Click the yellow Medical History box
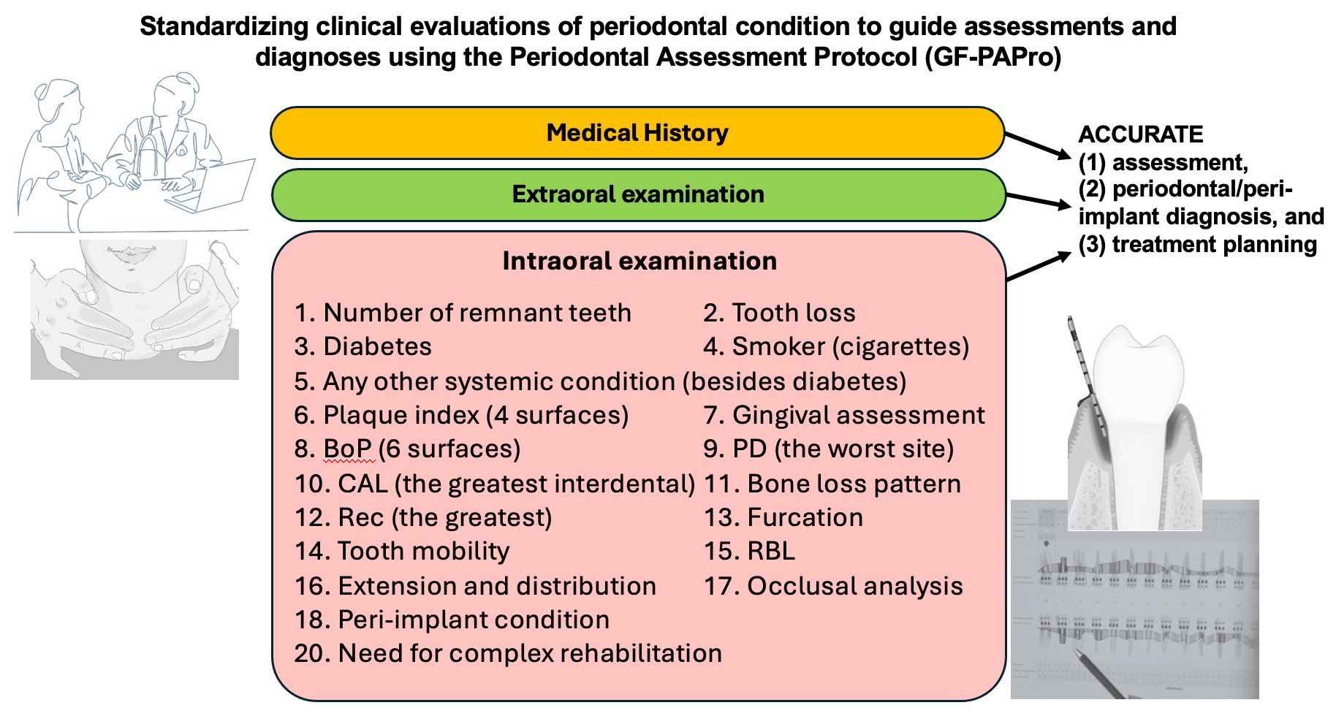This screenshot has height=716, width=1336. (637, 133)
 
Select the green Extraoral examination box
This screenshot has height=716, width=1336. (637, 194)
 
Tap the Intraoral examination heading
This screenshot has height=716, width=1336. (639, 261)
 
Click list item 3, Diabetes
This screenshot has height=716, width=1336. (363, 346)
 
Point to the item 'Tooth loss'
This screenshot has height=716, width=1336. (779, 313)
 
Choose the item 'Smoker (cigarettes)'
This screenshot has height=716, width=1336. (836, 346)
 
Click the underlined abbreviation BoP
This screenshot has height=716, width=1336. (348, 449)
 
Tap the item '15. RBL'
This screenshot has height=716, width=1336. (749, 551)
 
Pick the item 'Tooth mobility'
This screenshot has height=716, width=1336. (402, 551)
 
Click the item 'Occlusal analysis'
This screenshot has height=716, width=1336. (833, 586)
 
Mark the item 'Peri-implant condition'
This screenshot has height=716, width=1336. (452, 620)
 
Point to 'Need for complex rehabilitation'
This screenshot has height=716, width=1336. (508, 653)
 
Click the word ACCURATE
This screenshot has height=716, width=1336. (1140, 134)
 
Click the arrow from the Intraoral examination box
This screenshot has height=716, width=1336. (1038, 266)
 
